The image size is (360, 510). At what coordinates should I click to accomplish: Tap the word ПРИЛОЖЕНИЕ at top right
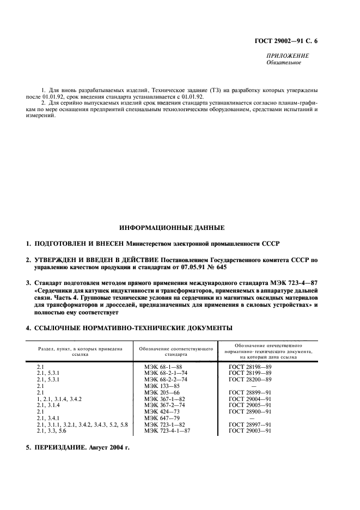[288, 56]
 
